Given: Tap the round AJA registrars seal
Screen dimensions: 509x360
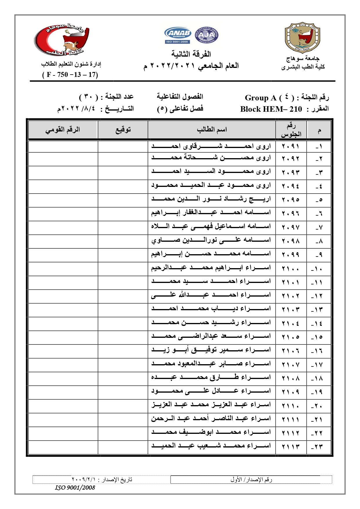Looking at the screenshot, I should pos(206,35).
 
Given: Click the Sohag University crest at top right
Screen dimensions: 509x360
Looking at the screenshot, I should pos(303,37).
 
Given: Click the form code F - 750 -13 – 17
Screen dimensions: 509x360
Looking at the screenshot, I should pos(70,75).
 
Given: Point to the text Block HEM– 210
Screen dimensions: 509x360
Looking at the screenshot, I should pos(271,109).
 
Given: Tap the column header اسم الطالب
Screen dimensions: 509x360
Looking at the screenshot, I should pos(211,129).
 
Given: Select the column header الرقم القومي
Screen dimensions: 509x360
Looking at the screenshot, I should pos(63,129).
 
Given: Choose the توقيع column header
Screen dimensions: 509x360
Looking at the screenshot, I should pos(123,129).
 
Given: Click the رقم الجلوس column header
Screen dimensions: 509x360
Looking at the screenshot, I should pos(291,130).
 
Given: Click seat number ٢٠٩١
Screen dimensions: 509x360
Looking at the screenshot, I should pos(290,146).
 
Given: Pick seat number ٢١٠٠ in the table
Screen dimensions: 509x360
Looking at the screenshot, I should pos(290,269).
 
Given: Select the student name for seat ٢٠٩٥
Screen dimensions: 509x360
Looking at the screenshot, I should pos(211,199).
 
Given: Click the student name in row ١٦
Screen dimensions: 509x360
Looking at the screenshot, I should pos(211,350).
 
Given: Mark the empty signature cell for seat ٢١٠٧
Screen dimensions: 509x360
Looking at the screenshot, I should pos(123,364).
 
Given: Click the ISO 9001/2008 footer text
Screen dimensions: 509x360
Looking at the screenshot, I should pos(75,488).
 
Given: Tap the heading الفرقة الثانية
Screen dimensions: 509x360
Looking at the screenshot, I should pos(191,54).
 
